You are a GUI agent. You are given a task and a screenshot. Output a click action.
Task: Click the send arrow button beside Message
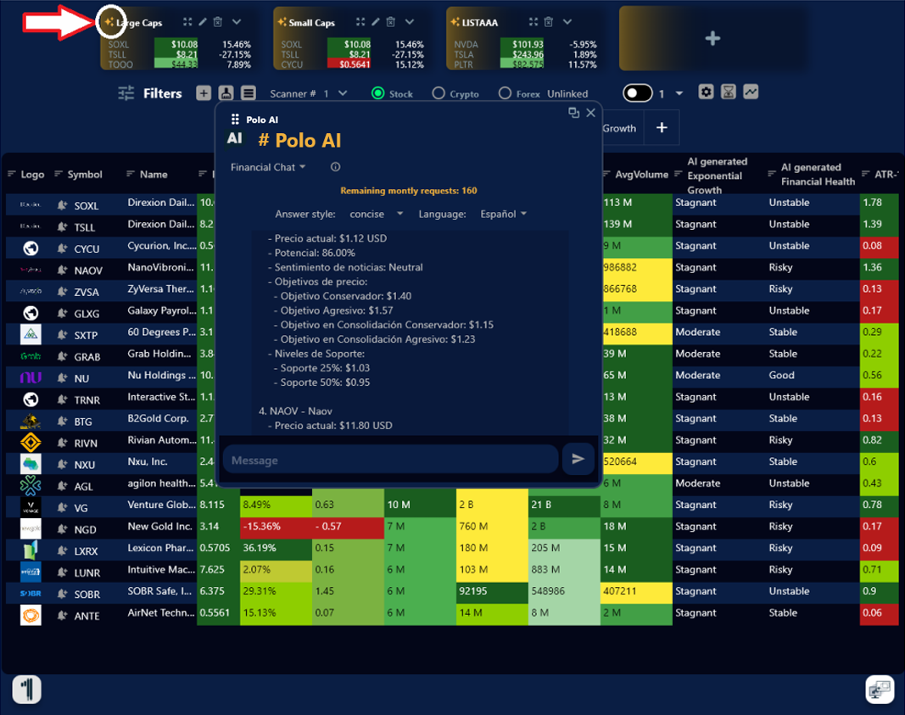coord(578,459)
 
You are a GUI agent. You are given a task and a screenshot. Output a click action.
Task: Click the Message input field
coord(390,460)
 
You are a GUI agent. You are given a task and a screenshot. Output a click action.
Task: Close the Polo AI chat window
coord(591,113)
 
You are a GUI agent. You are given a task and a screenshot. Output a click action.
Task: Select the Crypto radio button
coord(439,93)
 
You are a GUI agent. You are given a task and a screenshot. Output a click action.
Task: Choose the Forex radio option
coord(505,93)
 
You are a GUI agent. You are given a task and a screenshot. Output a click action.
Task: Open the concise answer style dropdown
coord(377,214)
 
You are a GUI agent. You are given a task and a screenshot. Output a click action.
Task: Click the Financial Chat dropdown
coord(268,167)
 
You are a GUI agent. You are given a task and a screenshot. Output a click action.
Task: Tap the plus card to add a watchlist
coord(712,38)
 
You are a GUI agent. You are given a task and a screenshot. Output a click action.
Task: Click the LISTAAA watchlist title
coord(480,22)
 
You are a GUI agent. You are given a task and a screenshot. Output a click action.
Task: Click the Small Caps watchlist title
coord(311,22)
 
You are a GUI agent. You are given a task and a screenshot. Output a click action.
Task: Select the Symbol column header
coord(85,175)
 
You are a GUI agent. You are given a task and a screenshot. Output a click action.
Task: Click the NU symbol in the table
coord(81,378)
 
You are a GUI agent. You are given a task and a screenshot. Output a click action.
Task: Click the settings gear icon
coord(706,92)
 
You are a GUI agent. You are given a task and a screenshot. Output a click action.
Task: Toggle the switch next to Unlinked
coord(637,92)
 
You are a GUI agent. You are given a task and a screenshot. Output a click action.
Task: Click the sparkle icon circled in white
coord(109,22)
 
